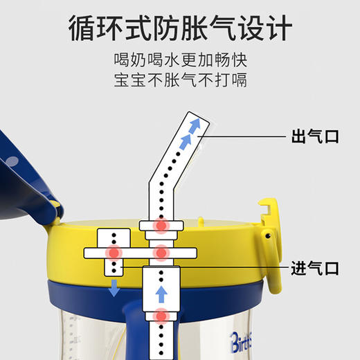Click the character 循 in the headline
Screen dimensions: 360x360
(84, 30)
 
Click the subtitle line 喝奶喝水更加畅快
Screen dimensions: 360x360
(180, 60)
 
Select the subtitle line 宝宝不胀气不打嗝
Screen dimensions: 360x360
(180, 81)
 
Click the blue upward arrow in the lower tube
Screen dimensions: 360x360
(161, 294)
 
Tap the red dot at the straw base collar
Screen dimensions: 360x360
(161, 226)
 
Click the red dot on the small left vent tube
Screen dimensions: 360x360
(114, 253)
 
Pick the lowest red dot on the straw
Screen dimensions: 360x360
(161, 318)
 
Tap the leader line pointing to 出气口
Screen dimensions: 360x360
(242, 137)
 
